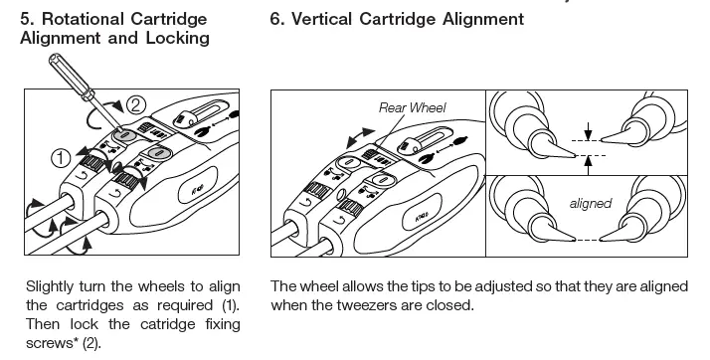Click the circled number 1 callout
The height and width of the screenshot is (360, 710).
(61, 158)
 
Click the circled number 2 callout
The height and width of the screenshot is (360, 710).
(136, 105)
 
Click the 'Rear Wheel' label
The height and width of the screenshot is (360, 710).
(412, 107)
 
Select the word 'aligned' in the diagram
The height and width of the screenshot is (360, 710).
(591, 203)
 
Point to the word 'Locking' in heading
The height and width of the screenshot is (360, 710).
(177, 38)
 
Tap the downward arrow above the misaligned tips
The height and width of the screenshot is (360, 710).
(588, 131)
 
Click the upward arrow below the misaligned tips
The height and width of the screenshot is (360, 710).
(588, 165)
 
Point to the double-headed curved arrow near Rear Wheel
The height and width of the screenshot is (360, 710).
(360, 137)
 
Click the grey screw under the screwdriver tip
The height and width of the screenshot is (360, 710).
(126, 135)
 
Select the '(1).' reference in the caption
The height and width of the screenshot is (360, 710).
(231, 305)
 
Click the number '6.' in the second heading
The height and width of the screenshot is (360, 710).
(276, 19)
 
